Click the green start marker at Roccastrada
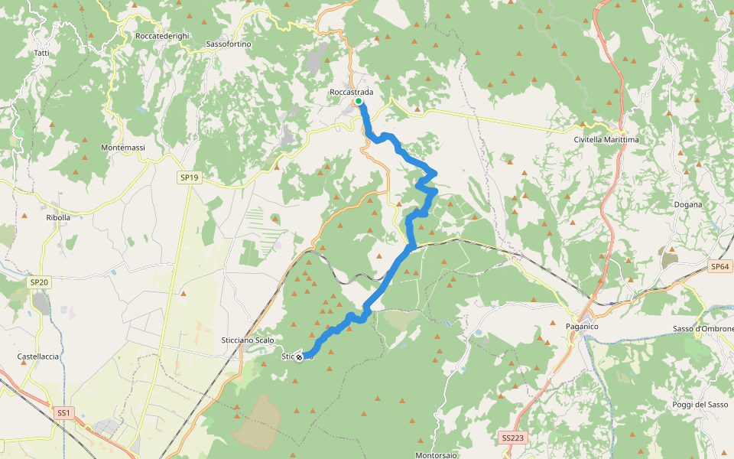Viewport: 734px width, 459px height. (x=358, y=101)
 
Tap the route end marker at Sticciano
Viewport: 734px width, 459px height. (x=299, y=356)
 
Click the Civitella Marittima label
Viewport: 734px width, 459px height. (x=606, y=140)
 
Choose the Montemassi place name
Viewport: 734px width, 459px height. (x=123, y=147)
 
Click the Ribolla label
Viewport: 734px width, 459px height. (x=58, y=217)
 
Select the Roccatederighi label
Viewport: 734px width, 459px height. (x=161, y=36)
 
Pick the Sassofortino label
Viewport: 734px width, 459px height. (x=229, y=44)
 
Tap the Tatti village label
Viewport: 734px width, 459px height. (x=42, y=53)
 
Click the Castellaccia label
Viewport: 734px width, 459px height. (x=38, y=356)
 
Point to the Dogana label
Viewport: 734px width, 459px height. (x=688, y=204)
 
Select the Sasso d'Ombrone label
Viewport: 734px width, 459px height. (x=703, y=329)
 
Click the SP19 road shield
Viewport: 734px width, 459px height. (x=189, y=177)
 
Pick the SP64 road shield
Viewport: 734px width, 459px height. (x=720, y=266)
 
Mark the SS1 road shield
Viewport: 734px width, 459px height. (x=63, y=413)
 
